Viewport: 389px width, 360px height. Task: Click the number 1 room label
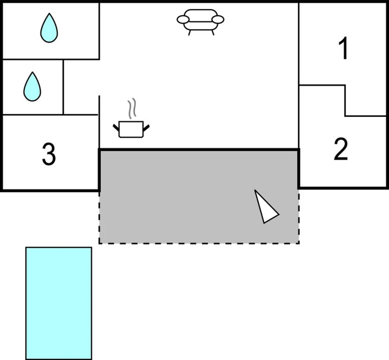pyautogui.click(x=344, y=48)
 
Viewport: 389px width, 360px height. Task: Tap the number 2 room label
pyautogui.click(x=341, y=149)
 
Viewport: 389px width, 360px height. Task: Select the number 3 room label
pyautogui.click(x=49, y=154)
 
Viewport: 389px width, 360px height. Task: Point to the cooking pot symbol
pyautogui.click(x=131, y=129)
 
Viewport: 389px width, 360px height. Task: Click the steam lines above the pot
pyautogui.click(x=132, y=108)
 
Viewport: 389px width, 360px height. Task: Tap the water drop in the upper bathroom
pyautogui.click(x=49, y=28)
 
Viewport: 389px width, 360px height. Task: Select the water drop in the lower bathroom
pyautogui.click(x=32, y=87)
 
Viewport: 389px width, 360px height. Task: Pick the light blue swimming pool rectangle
pyautogui.click(x=59, y=303)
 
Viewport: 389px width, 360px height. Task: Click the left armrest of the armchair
pyautogui.click(x=183, y=19)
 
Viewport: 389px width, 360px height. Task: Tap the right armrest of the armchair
pyautogui.click(x=218, y=19)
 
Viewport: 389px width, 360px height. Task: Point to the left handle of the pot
pyautogui.click(x=116, y=127)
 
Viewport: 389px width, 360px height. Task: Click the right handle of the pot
pyautogui.click(x=146, y=128)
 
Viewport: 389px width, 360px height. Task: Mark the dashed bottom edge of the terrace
pyautogui.click(x=199, y=243)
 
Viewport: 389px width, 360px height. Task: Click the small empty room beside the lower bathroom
pyautogui.click(x=81, y=87)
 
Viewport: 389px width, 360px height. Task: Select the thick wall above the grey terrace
pyautogui.click(x=199, y=150)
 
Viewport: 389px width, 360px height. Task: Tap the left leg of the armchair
pyautogui.click(x=189, y=33)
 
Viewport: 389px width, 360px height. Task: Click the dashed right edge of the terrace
pyautogui.click(x=299, y=216)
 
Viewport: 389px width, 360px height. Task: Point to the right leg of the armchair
pyautogui.click(x=213, y=33)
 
